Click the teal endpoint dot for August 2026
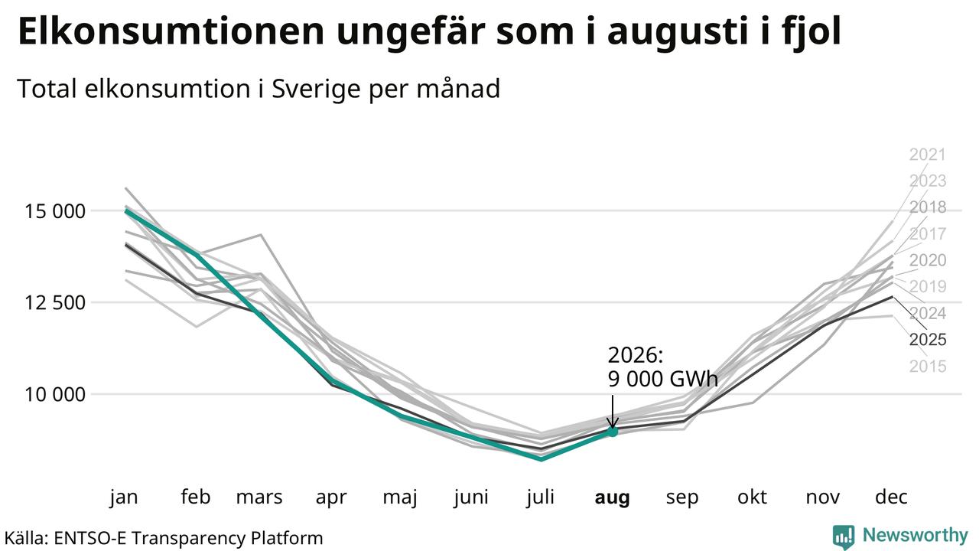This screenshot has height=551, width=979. coord(613,432)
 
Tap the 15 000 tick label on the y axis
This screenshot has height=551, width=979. coord(55,211)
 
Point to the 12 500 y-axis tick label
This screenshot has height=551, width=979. coord(55,302)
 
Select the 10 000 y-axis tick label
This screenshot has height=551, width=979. coord(55,394)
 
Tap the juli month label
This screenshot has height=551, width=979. coord(541,497)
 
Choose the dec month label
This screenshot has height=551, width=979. coord(891,497)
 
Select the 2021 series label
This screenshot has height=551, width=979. coord(928,155)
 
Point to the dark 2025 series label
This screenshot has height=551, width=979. coord(928,340)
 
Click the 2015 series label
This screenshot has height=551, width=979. coord(928,367)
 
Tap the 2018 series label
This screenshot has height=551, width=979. coord(928,207)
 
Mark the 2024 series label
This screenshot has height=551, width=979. coord(928,314)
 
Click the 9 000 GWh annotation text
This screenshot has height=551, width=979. coord(662,379)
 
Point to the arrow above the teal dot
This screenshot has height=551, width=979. coord(613,412)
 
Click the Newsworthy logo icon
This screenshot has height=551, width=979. coord(844,536)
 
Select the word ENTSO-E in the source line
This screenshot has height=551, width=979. coord(90,538)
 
